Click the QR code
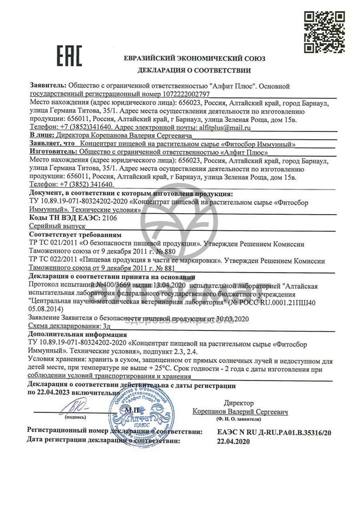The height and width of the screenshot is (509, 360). click(x=324, y=32)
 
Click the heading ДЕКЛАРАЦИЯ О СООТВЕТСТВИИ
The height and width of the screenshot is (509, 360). click(x=194, y=71)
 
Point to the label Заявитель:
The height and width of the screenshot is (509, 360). click(x=48, y=86)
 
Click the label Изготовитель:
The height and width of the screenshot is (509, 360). click(x=54, y=152)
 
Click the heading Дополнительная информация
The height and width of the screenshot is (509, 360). click(x=78, y=335)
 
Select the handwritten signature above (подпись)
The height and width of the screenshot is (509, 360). click(x=74, y=408)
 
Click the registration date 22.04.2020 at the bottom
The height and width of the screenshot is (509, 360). click(x=233, y=441)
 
